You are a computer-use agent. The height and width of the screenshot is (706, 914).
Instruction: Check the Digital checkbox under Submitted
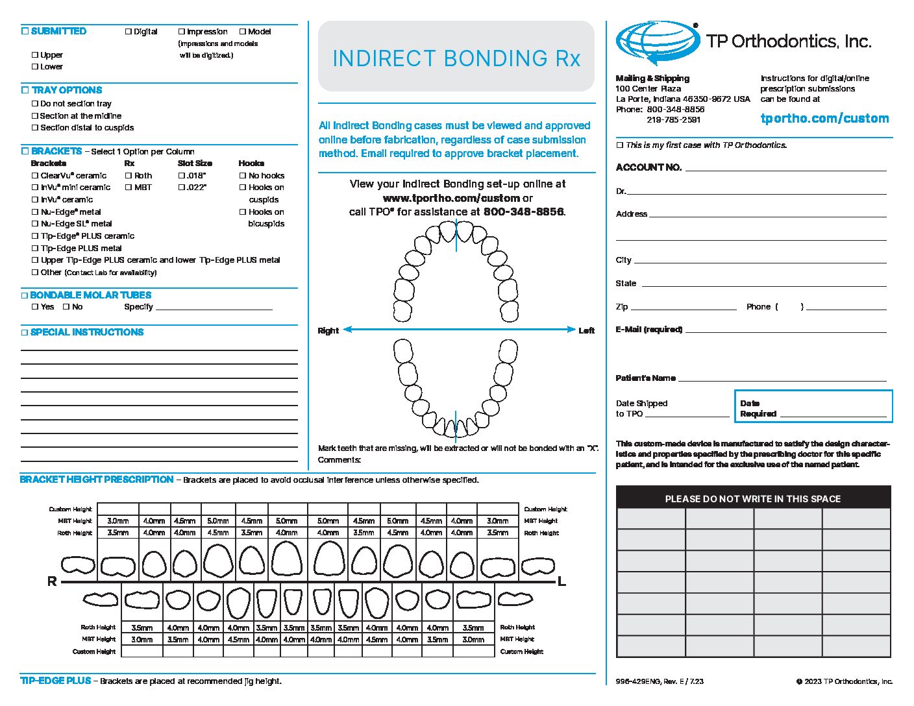click(x=129, y=31)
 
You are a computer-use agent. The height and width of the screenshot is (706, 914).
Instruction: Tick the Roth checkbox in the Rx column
click(x=129, y=175)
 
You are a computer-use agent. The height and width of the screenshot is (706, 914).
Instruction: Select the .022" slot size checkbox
click(x=182, y=187)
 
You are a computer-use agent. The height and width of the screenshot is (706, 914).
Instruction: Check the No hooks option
click(x=243, y=175)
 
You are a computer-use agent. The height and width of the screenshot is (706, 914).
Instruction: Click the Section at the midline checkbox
click(x=35, y=116)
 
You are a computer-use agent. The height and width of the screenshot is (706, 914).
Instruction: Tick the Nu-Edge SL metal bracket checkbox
click(x=35, y=223)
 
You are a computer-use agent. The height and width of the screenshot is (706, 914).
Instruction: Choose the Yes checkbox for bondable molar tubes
click(x=35, y=306)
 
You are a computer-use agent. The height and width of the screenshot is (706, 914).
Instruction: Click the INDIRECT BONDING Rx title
click(x=456, y=58)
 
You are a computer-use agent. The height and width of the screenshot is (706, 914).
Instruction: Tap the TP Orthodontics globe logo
click(x=657, y=43)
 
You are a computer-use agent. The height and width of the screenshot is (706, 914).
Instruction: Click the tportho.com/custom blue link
click(x=824, y=118)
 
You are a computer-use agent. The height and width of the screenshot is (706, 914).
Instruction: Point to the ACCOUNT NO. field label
click(x=648, y=167)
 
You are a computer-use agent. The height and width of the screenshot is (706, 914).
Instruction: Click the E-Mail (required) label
click(x=648, y=330)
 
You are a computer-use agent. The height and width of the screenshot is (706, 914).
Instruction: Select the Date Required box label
click(x=758, y=408)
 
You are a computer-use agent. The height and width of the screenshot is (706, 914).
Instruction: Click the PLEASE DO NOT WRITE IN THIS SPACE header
click(x=752, y=499)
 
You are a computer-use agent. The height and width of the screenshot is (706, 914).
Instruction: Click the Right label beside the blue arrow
click(x=328, y=330)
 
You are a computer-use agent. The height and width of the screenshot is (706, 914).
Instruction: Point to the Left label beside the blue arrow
click(x=586, y=330)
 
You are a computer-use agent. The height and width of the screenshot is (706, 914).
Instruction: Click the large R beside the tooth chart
click(x=52, y=581)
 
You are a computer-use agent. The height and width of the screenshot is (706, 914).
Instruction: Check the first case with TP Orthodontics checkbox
click(x=619, y=145)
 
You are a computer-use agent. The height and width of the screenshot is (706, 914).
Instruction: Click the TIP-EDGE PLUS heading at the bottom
click(x=56, y=681)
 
